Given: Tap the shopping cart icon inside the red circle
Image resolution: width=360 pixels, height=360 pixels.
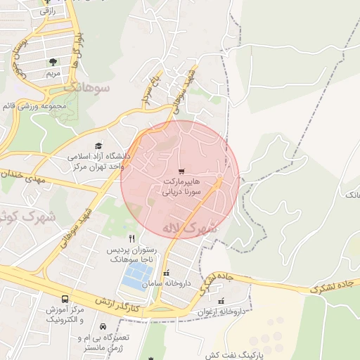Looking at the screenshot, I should point(182,171).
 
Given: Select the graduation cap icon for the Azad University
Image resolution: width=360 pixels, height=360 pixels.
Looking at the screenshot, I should point(98,146).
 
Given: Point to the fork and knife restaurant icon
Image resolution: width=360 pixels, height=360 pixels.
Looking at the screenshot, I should point(131,238).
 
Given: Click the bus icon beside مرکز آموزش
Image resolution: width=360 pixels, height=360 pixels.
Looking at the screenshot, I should point(65,299).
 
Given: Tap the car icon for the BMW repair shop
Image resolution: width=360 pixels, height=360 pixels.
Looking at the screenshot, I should point(103,327).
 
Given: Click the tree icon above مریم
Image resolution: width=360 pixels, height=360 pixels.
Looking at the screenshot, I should point(53,62).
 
